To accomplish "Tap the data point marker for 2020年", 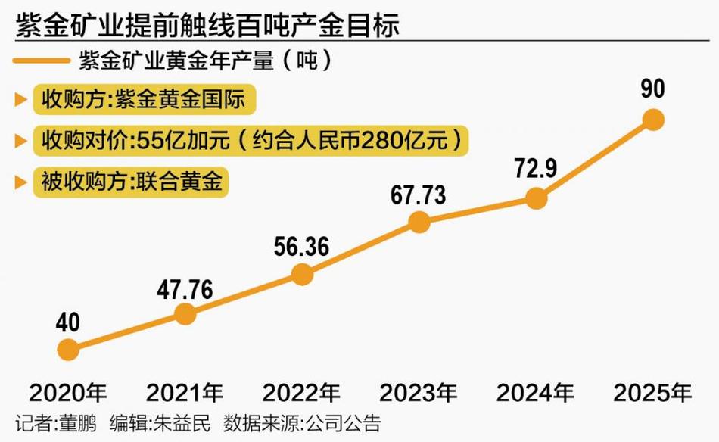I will tap(68, 349).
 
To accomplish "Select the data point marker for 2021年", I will tap(185, 313).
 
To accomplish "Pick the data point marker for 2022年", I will tap(302, 274).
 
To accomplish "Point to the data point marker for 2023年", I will tap(419, 221).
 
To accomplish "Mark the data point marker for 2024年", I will tap(536, 198).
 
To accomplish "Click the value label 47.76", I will tap(185, 288).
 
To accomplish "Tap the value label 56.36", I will tap(302, 248).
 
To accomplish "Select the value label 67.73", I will tap(419, 195).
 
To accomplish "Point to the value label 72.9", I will tap(536, 169).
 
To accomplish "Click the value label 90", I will tap(652, 89).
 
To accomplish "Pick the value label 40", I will tap(68, 322).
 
